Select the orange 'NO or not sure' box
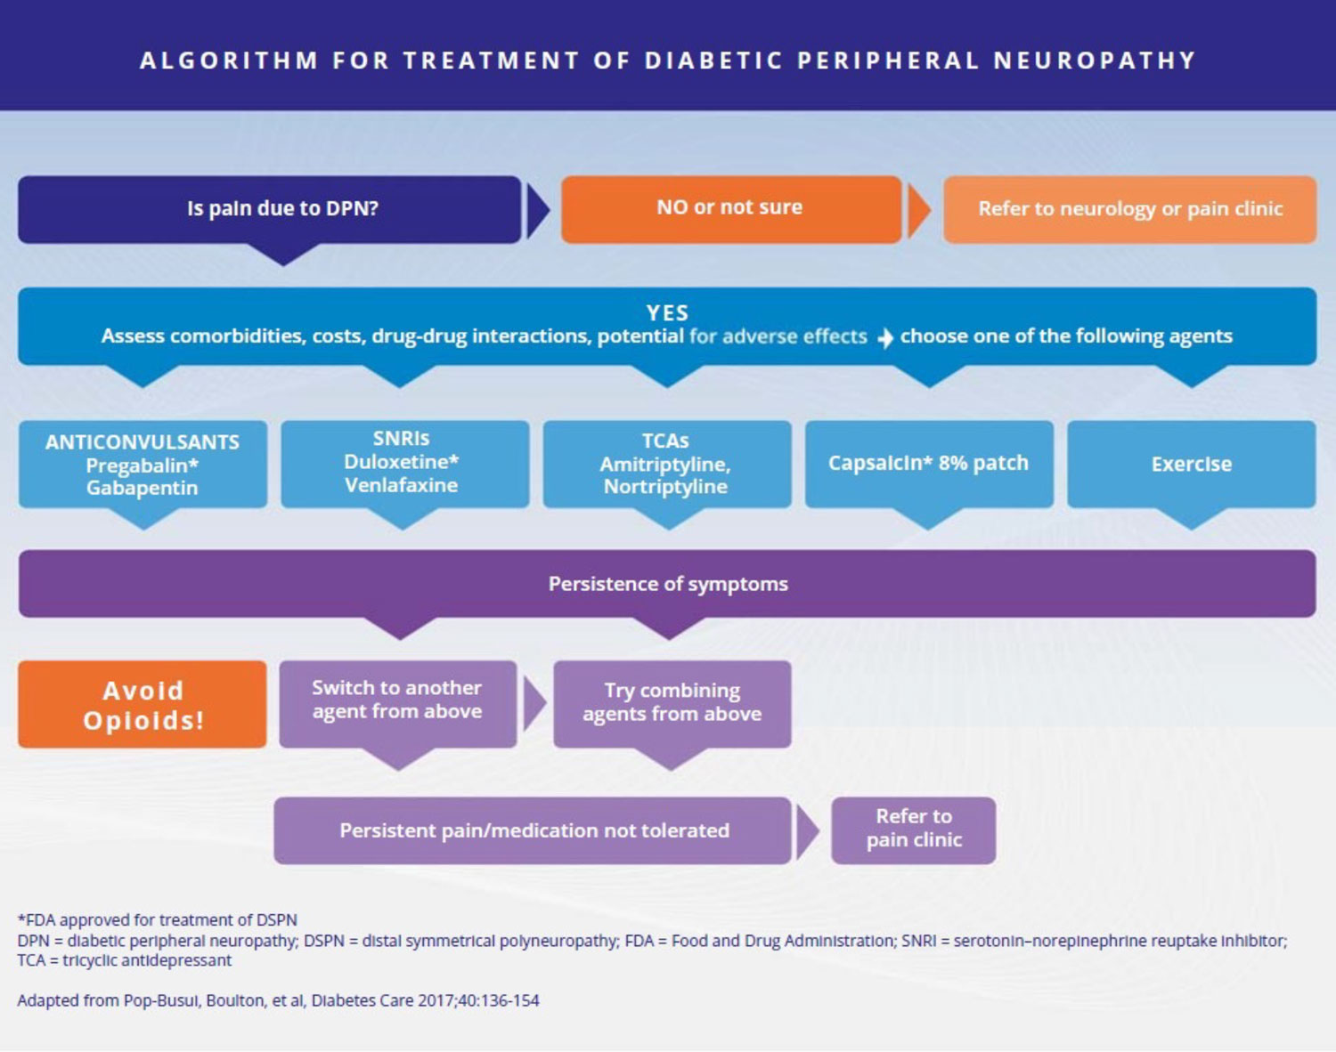click(730, 208)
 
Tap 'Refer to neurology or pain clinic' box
click(1129, 209)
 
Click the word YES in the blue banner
click(667, 313)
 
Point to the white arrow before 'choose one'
click(884, 338)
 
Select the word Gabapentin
click(142, 488)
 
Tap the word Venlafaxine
click(401, 485)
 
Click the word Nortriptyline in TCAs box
click(665, 487)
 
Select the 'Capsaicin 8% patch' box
click(928, 464)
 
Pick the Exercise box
click(1191, 464)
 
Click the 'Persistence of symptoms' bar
click(667, 584)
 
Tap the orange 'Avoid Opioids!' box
click(143, 704)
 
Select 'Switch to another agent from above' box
click(397, 700)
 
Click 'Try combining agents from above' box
click(672, 702)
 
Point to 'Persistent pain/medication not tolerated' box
click(533, 830)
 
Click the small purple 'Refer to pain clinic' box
click(913, 829)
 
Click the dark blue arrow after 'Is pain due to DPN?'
click(537, 211)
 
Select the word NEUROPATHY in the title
click(1095, 61)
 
